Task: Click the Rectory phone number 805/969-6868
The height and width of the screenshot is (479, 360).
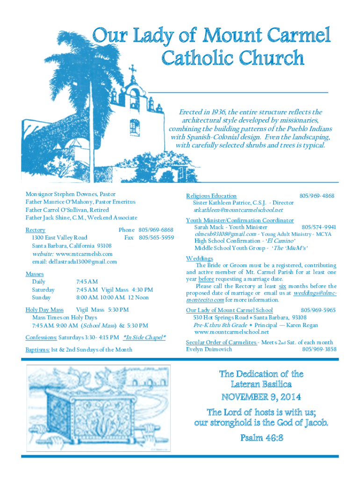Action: [x=156, y=230]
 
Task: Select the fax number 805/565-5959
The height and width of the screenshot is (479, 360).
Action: [x=156, y=238]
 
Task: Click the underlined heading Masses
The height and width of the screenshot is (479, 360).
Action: [x=35, y=274]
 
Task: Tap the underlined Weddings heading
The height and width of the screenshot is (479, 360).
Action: [x=200, y=258]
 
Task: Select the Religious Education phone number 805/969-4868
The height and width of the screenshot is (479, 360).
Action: [x=317, y=196]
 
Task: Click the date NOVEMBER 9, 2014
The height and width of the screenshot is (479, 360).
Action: [x=261, y=397]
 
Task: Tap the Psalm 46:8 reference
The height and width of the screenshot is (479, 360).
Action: [x=261, y=438]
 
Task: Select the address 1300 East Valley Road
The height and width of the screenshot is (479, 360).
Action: [x=59, y=238]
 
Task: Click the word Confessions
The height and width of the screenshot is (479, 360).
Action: [x=41, y=337]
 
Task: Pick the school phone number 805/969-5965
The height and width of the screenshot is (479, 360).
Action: [x=318, y=310]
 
